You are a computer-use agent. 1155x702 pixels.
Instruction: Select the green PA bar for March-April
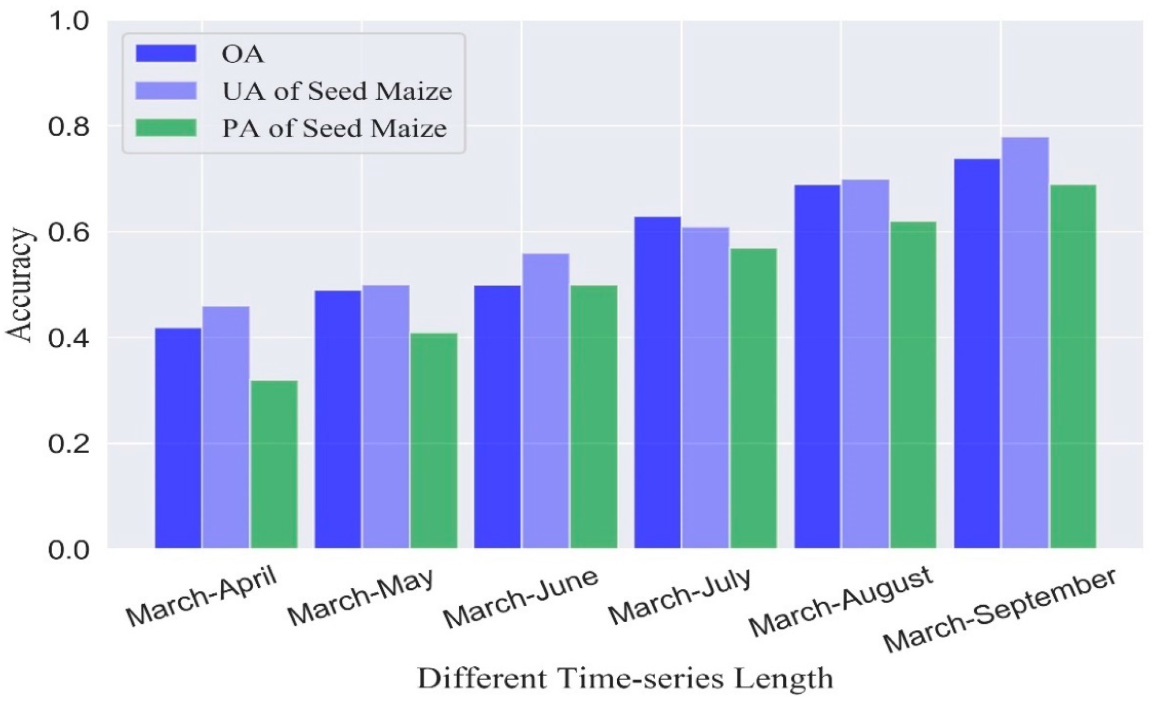[x=274, y=464]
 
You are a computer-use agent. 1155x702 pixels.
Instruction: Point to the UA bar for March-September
[x=1025, y=342]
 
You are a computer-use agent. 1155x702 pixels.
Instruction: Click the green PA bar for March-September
[x=1073, y=366]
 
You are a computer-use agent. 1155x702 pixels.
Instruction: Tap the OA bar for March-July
[x=658, y=382]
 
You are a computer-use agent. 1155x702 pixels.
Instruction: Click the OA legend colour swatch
[x=166, y=54]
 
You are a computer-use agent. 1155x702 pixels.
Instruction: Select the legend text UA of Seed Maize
[x=337, y=91]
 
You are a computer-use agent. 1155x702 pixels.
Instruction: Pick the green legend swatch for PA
[x=166, y=128]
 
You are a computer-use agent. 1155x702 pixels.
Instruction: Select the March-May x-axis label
[x=360, y=598]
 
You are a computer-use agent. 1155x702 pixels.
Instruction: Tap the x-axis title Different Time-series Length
[x=625, y=678]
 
